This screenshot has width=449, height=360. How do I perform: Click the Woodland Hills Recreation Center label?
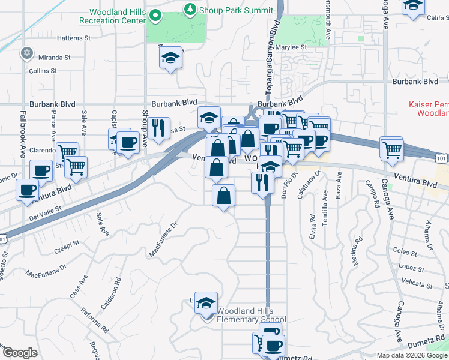[117, 16]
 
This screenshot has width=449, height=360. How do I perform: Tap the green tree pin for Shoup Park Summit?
[190, 9]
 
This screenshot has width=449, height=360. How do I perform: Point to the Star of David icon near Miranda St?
[26, 53]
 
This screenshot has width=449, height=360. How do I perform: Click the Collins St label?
[43, 70]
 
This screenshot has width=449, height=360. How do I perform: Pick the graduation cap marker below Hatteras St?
[170, 58]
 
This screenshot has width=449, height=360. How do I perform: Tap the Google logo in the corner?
[19, 353]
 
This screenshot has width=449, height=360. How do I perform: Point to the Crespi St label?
[67, 245]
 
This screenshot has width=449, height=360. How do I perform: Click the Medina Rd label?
[357, 252]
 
